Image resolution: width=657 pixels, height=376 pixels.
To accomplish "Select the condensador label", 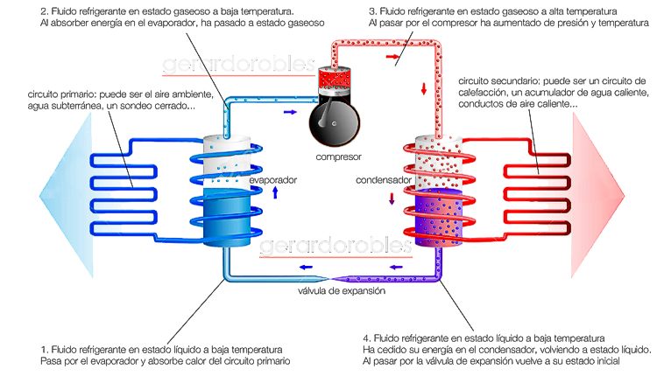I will (x=379, y=180).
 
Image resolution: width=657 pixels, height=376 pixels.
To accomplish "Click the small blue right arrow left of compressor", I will (x=289, y=111).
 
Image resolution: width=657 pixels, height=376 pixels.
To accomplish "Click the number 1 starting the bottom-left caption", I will (x=44, y=349).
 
